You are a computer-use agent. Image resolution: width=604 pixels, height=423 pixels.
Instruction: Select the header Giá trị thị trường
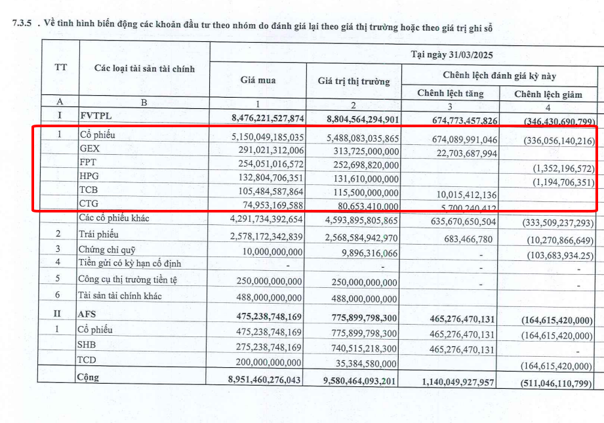pos(353,81)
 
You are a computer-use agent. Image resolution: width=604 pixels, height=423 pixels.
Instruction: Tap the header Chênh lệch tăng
pos(450,93)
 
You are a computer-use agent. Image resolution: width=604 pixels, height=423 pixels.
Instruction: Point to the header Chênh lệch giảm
pos(548,94)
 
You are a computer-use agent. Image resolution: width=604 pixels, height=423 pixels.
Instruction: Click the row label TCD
pos(88,360)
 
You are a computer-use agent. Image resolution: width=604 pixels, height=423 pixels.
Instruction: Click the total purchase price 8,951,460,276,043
pos(264,380)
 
